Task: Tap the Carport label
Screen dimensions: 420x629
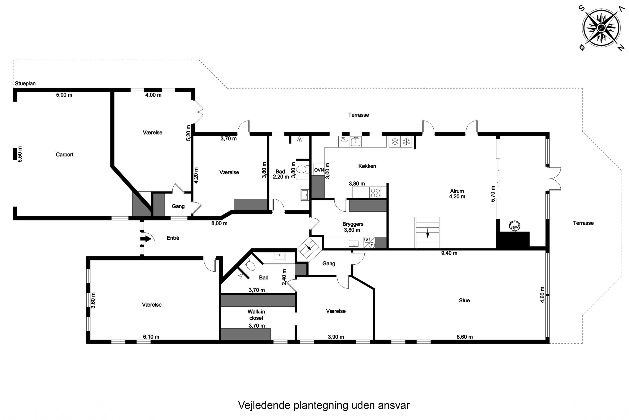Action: coord(64,155)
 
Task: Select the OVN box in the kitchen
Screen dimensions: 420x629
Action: coord(319,170)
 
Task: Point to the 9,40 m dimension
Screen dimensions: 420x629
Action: coord(449,253)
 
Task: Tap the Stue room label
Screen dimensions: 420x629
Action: coord(464,301)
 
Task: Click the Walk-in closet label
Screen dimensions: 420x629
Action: coord(256,315)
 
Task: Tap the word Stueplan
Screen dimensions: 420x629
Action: coord(25,84)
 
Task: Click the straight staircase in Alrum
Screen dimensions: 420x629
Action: coord(427,232)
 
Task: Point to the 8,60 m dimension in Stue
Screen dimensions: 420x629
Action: coord(465,337)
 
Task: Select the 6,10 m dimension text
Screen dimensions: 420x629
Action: coord(151,337)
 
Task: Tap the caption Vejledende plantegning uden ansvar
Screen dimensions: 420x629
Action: coord(324,405)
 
